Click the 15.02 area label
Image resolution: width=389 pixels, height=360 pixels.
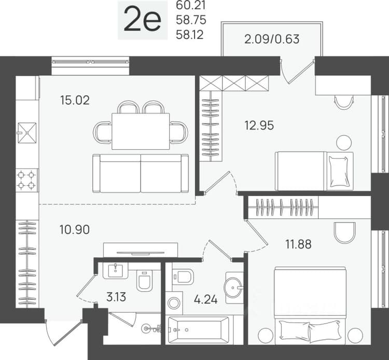(75, 100)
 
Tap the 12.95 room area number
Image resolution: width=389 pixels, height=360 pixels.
(259, 126)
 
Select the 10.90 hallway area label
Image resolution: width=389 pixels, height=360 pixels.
(75, 229)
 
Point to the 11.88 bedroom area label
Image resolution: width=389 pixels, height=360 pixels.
(298, 244)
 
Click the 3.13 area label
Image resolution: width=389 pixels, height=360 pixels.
(116, 297)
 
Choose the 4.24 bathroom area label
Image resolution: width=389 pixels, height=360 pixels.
(206, 299)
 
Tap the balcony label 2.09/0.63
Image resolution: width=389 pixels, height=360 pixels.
(272, 39)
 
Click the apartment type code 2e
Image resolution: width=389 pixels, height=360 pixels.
(143, 20)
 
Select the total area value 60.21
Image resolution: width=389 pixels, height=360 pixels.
(191, 6)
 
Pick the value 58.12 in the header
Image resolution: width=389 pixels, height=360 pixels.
(190, 34)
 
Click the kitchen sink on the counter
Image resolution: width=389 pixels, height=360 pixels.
(27, 133)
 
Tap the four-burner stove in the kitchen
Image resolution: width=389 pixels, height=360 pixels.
(26, 180)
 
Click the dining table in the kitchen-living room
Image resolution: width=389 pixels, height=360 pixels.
(141, 131)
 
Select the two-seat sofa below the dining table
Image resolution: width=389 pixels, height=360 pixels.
(141, 173)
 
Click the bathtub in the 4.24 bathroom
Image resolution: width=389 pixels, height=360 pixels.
(199, 330)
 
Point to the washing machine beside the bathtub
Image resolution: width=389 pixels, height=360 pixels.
(174, 303)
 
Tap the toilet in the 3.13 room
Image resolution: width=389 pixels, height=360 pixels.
(144, 281)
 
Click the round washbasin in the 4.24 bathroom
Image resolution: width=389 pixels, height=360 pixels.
(233, 287)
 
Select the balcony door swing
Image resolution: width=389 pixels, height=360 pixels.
(298, 71)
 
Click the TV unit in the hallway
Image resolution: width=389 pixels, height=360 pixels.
(141, 250)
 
